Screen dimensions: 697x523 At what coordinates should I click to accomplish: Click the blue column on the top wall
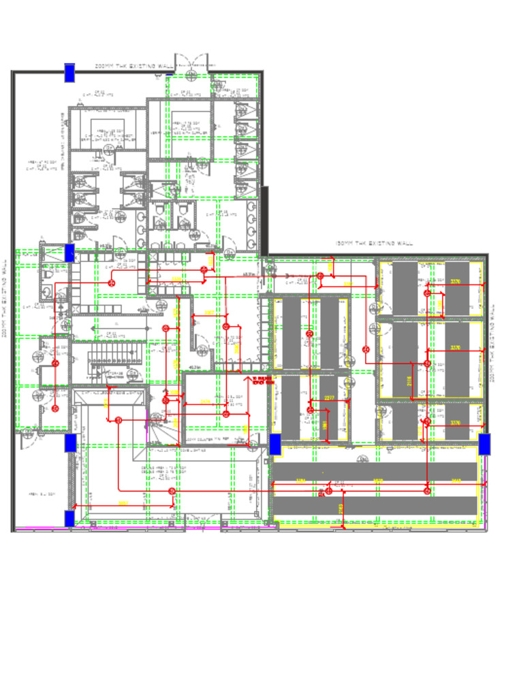(69, 72)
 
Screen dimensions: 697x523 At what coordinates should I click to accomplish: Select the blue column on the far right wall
(484, 444)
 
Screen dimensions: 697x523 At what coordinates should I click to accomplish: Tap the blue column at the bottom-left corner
(69, 518)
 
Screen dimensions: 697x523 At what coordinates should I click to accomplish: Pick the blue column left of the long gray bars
(275, 444)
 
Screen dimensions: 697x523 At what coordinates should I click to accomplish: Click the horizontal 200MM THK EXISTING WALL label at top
(134, 66)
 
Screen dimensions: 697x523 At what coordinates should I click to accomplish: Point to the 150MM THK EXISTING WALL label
(374, 243)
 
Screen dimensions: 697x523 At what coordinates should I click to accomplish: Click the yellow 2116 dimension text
(410, 382)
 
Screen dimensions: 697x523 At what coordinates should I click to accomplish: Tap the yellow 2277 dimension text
(330, 398)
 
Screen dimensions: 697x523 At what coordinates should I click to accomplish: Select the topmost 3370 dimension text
(456, 281)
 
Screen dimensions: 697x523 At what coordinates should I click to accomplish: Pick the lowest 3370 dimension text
(456, 423)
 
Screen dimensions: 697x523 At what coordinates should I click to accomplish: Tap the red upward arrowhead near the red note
(247, 375)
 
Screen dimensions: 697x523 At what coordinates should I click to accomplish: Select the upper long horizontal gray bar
(375, 471)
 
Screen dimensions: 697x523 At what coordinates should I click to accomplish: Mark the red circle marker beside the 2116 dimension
(427, 364)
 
